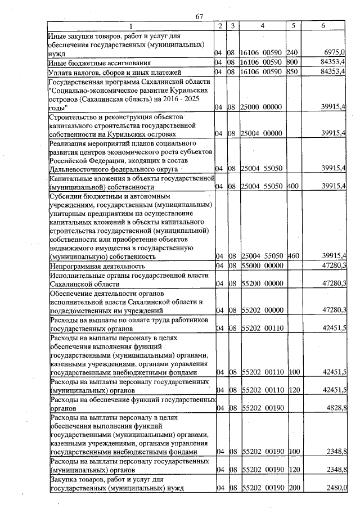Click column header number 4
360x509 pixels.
tap(262, 26)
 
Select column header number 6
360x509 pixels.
tap(322, 26)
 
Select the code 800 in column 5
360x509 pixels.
tap(292, 62)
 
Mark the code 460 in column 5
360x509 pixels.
tap(292, 256)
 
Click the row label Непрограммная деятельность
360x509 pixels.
tap(98, 265)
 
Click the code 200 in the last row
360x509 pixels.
tap(292, 488)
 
